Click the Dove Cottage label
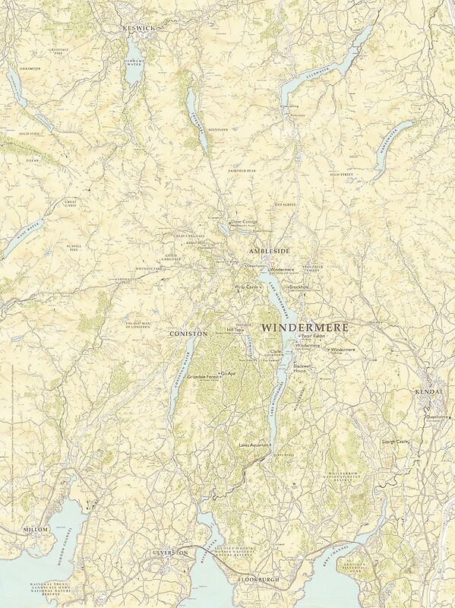pyautogui.click(x=245, y=221)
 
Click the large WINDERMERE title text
pyautogui.click(x=305, y=327)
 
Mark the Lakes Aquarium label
pyautogui.click(x=254, y=444)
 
